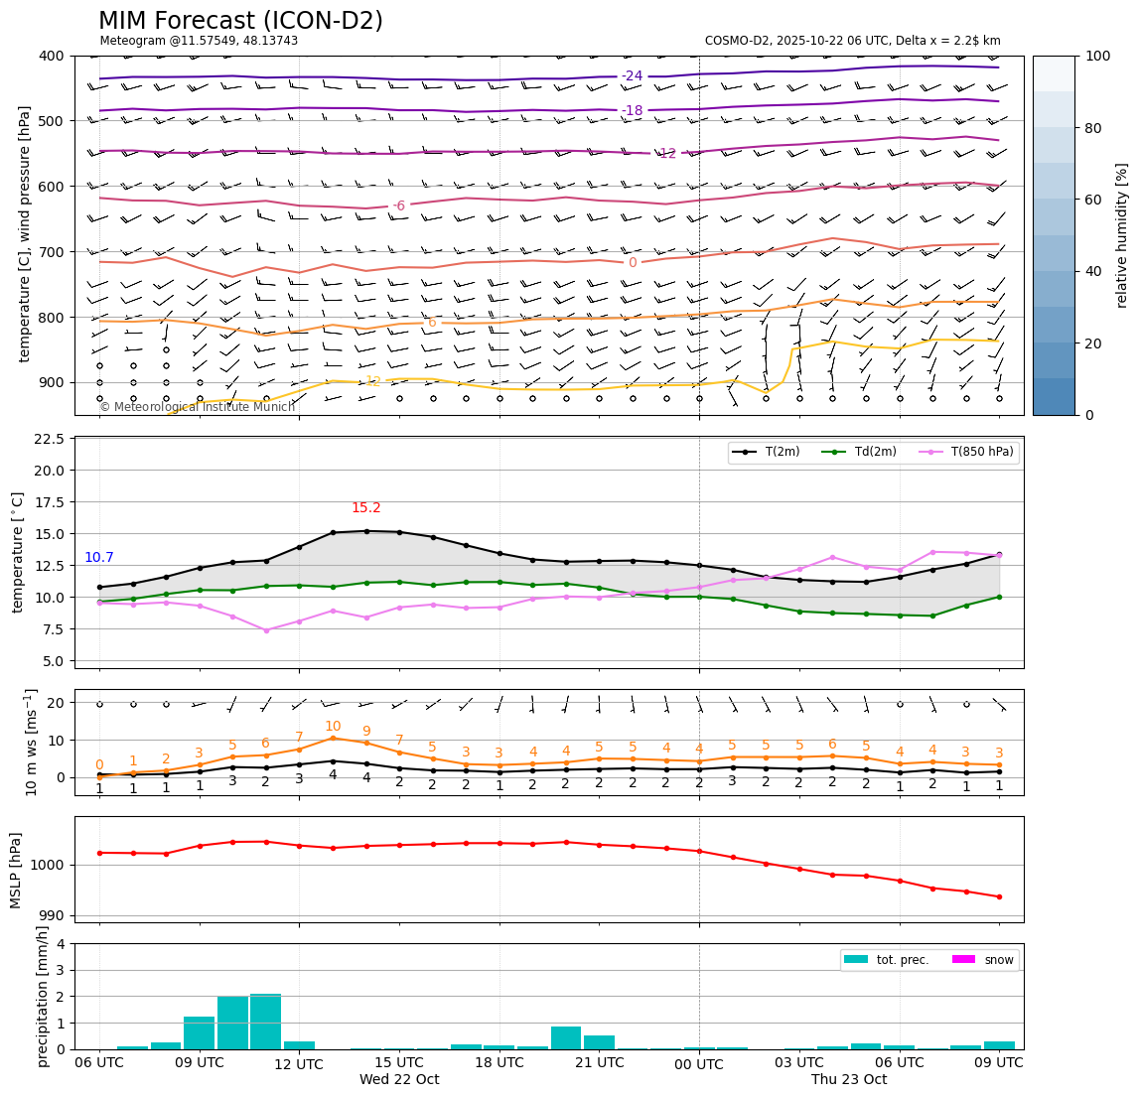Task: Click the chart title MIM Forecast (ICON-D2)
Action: click(x=240, y=21)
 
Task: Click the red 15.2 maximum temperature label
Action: click(x=365, y=508)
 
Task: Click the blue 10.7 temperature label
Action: click(x=99, y=558)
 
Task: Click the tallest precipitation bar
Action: click(x=265, y=1022)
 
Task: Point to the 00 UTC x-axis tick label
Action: click(x=699, y=1064)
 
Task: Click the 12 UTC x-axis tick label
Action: click(x=299, y=1064)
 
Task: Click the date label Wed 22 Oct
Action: click(x=399, y=1080)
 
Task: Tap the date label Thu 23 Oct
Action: click(x=849, y=1080)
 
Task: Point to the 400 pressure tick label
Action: click(x=53, y=57)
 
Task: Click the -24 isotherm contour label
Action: click(x=632, y=76)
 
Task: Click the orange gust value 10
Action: click(x=333, y=727)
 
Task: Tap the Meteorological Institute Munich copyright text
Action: click(x=197, y=407)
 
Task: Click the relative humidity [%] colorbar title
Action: click(x=1122, y=235)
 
